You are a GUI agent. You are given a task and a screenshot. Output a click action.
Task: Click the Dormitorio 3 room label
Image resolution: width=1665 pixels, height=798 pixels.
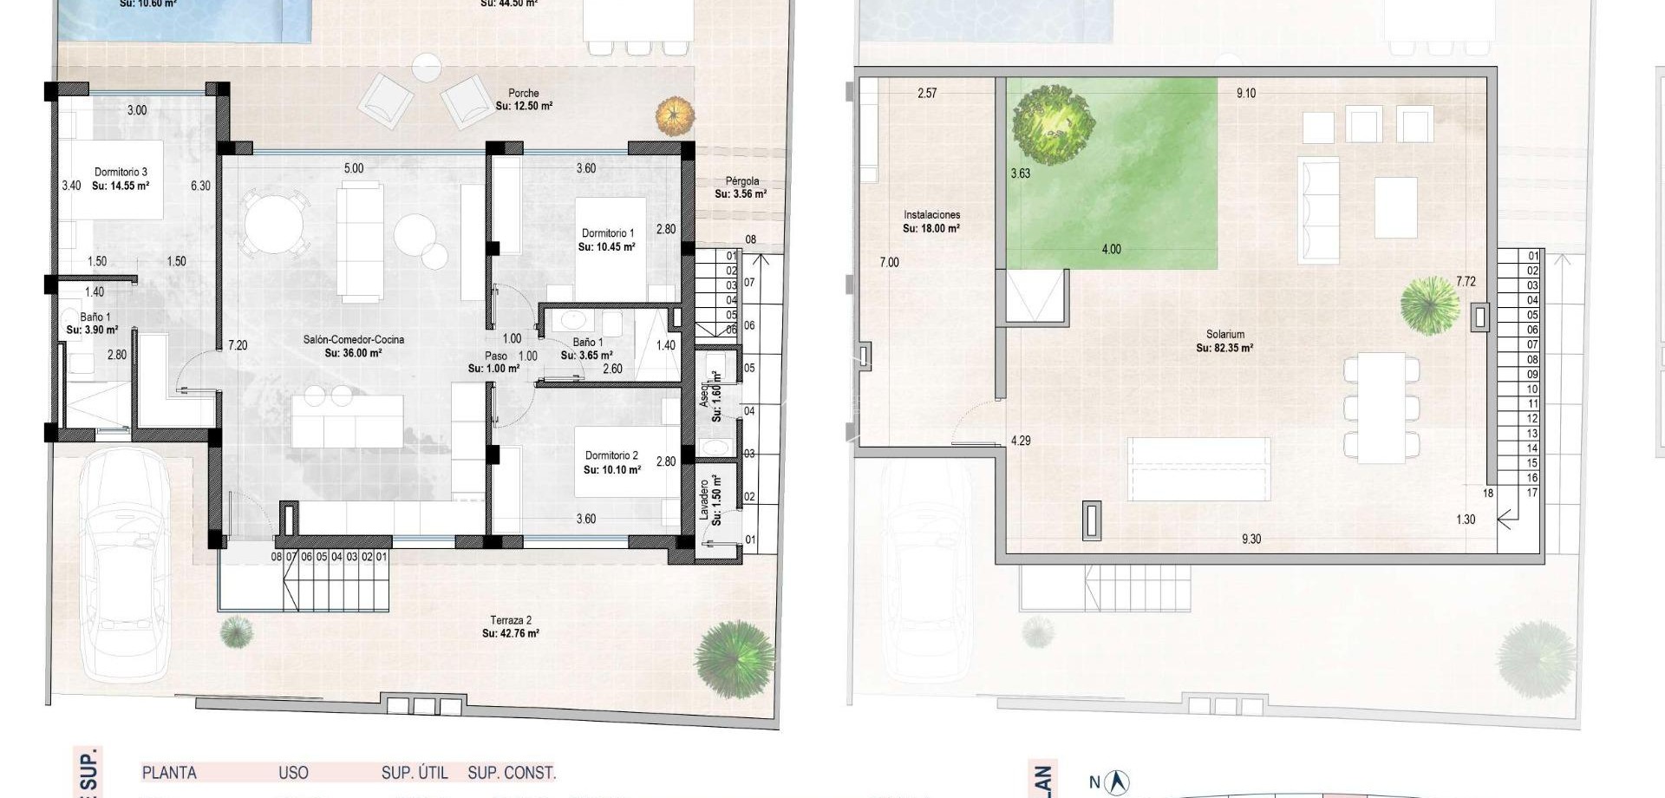click(x=121, y=173)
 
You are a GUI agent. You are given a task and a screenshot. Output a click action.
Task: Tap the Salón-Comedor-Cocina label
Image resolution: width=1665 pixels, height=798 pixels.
click(x=354, y=340)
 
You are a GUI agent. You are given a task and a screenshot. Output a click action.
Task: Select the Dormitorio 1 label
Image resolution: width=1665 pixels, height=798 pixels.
click(x=607, y=233)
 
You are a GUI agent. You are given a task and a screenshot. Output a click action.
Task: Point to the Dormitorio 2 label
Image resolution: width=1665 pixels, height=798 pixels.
click(x=611, y=455)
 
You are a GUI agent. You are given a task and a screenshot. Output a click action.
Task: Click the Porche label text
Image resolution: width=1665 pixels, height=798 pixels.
click(x=524, y=94)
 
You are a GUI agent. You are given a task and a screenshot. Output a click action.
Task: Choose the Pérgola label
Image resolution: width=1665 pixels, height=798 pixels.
click(x=741, y=181)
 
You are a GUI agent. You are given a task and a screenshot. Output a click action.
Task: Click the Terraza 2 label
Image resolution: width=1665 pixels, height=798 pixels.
click(x=511, y=620)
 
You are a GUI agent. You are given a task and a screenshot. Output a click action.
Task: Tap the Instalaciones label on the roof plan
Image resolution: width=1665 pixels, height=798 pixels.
click(x=931, y=215)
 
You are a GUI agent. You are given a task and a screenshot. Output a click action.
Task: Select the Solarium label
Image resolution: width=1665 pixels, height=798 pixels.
click(x=1224, y=334)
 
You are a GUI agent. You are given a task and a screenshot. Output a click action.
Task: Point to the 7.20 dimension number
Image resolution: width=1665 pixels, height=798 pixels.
click(x=238, y=345)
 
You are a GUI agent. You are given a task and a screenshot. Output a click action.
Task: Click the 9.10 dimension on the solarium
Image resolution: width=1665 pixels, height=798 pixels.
click(x=1246, y=94)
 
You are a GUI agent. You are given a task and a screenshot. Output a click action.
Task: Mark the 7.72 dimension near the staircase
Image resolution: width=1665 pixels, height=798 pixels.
click(x=1466, y=282)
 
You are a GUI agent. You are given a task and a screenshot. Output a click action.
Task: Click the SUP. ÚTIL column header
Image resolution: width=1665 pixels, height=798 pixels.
click(x=415, y=773)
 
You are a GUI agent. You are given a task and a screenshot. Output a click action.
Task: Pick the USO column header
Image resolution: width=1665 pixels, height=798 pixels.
click(x=293, y=773)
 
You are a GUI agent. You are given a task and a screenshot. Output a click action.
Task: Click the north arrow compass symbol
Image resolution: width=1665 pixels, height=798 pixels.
click(x=1119, y=782)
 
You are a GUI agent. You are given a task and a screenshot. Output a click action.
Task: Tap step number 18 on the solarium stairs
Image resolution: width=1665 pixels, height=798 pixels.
click(x=1488, y=494)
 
